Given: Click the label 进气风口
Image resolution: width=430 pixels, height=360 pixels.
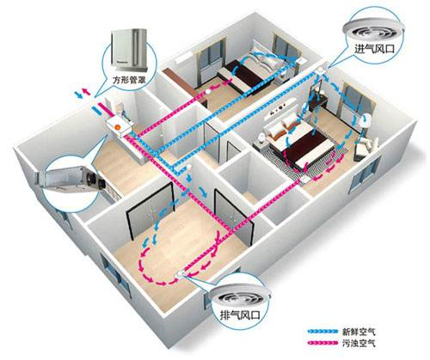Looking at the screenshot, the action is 375,48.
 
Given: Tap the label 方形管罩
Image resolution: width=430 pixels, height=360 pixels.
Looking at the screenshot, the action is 129,79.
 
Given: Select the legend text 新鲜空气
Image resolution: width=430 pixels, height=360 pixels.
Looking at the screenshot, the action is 359,332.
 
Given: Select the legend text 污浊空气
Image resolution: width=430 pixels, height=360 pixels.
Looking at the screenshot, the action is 359,343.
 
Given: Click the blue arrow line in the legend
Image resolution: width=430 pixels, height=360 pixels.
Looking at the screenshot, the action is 322,332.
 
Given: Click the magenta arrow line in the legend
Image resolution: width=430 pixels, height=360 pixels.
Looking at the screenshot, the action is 322,343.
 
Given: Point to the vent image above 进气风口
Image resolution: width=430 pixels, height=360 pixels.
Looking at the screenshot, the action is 373,27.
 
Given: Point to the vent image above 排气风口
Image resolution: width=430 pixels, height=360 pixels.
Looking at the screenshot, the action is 239,296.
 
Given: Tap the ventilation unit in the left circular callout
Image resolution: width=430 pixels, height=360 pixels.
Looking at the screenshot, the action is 71,180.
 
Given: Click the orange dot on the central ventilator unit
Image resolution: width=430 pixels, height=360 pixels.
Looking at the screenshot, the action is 117,126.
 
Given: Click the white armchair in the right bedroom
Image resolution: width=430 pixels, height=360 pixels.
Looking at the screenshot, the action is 365,146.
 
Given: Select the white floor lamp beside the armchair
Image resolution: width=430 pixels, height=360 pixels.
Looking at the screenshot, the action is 365,126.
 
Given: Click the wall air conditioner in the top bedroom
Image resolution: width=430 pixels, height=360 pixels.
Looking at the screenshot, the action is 183,58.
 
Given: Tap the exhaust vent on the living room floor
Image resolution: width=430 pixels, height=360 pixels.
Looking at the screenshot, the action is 180,274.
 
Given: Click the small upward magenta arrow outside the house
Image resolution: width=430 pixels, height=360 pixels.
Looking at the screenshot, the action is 86,92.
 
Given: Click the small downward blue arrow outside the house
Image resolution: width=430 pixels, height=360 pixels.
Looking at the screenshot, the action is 78,95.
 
